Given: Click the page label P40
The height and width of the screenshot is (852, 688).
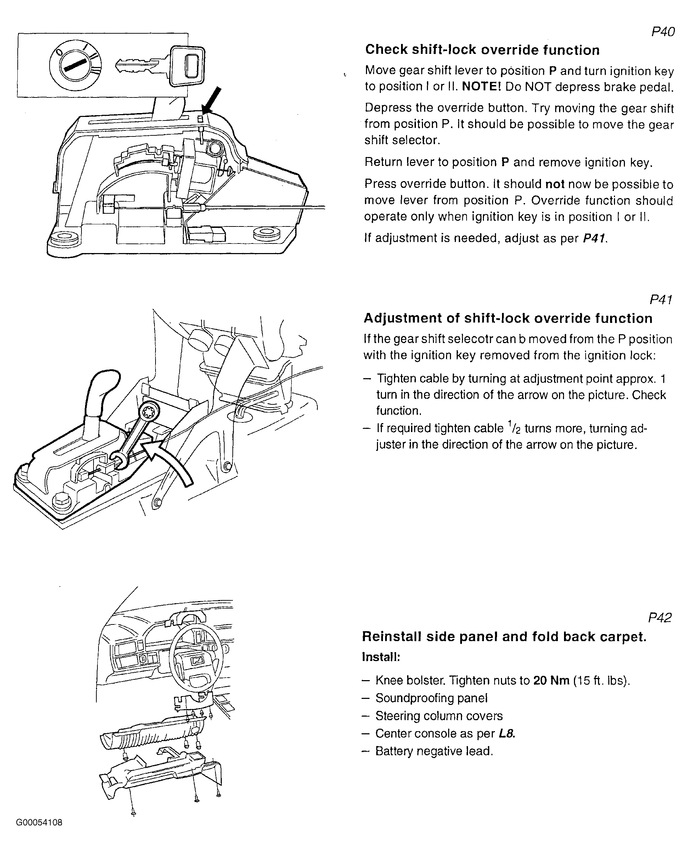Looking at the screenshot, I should tap(662, 32).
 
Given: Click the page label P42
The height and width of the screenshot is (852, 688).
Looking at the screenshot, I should tap(659, 618).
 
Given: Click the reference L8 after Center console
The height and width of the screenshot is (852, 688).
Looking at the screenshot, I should tap(507, 734).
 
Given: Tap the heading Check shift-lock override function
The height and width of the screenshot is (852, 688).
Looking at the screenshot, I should tap(482, 50).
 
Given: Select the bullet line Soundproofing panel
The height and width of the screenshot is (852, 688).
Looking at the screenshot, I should tap(431, 698).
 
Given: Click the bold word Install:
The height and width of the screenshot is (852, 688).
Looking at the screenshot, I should tap(381, 657).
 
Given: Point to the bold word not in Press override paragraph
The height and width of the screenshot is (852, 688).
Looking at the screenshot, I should tap(555, 184).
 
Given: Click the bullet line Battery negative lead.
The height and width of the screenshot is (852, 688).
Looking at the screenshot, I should tap(434, 751).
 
